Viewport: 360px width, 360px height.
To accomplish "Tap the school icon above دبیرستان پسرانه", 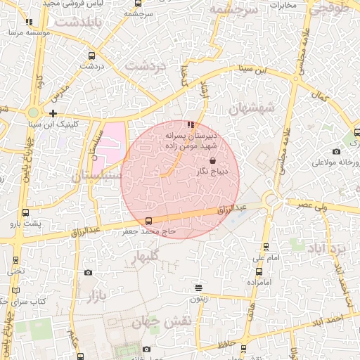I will coord(191,125).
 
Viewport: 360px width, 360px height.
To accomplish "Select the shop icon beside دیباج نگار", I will coord(212,161).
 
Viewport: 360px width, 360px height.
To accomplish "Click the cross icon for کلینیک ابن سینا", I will coord(53,112).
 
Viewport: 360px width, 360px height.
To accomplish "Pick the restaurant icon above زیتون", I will coord(199,288).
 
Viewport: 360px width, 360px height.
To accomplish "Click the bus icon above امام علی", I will coord(266,246).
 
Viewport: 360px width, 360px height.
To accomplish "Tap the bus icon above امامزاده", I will coord(259,271).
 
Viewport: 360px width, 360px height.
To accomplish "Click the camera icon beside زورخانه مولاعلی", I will coord(337,152).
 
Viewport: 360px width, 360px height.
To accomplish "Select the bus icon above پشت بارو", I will coord(26,212).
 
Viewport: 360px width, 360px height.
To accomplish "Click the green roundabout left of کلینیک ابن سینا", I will coord(32,112).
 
